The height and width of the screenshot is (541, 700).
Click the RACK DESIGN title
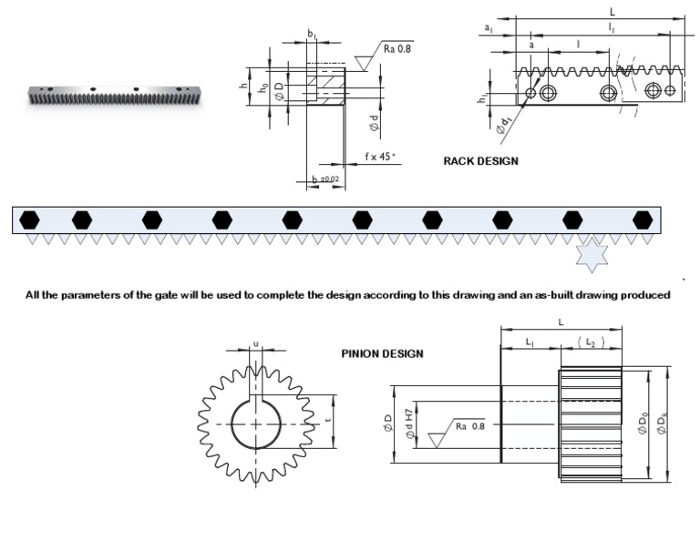point(480,161)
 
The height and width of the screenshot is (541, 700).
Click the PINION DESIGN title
point(382,353)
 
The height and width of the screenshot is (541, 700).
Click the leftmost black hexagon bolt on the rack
point(30,219)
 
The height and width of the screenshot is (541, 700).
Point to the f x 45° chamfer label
point(380,157)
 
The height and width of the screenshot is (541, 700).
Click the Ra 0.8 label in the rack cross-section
point(396,48)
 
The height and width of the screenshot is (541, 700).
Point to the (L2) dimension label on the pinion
point(589,341)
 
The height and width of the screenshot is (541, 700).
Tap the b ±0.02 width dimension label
point(324,179)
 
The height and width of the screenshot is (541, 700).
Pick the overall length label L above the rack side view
point(612,12)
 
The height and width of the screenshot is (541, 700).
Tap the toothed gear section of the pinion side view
point(589,424)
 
